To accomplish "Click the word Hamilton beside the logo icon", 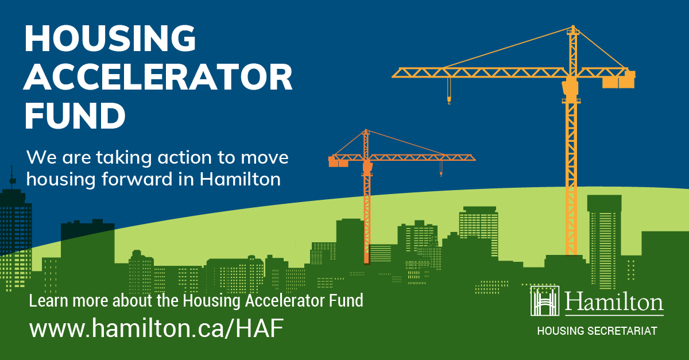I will (614, 301).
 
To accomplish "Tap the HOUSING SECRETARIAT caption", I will (597, 331).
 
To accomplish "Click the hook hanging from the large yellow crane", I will (449, 100).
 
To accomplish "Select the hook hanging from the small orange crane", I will (441, 173).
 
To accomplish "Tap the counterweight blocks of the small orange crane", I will (338, 163).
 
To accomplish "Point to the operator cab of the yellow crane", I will (570, 87).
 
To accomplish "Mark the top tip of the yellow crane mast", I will (572, 27).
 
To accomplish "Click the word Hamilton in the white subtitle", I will (241, 179).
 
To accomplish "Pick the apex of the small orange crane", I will (366, 131).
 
